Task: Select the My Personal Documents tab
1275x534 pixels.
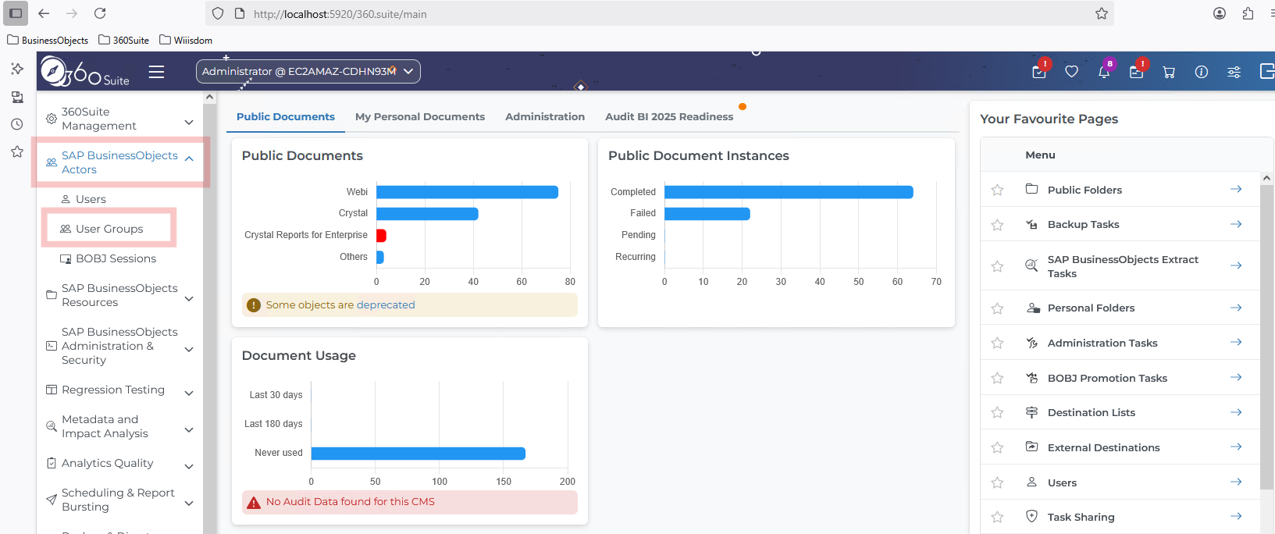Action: [420, 116]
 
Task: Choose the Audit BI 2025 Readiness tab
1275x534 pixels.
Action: [669, 116]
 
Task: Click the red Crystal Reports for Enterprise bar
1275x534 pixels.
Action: [381, 235]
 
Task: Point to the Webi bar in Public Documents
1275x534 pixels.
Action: [468, 192]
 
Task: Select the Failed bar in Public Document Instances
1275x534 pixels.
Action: [707, 213]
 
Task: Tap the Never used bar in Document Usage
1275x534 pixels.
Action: [418, 453]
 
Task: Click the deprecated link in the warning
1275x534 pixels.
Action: [386, 304]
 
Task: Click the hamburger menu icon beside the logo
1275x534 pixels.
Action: [156, 72]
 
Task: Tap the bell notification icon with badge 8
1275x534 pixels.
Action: [1104, 72]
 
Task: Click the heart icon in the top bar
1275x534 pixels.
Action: [1071, 72]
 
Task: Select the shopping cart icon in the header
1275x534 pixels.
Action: [1169, 72]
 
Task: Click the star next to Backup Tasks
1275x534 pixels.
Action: [997, 225]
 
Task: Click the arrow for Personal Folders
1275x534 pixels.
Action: [1236, 308]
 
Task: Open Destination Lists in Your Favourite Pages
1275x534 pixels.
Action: [1092, 413]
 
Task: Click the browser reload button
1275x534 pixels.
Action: [100, 13]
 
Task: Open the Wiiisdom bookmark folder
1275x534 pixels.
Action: [186, 40]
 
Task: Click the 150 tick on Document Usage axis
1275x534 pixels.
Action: [504, 481]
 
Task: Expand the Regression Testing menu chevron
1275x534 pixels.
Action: [190, 393]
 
